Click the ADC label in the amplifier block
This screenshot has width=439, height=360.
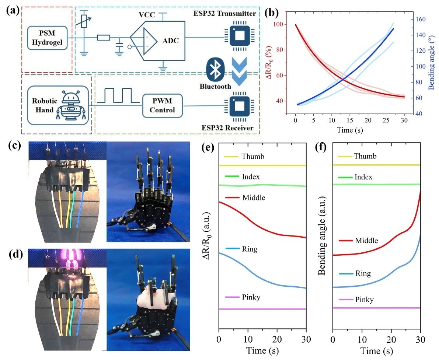[x=170, y=41]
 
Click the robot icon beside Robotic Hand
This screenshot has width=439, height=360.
[x=71, y=105]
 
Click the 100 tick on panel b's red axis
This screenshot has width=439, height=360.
[x=281, y=24]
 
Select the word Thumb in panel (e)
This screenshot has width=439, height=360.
[x=253, y=156]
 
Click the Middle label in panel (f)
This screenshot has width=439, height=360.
[x=366, y=241]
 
